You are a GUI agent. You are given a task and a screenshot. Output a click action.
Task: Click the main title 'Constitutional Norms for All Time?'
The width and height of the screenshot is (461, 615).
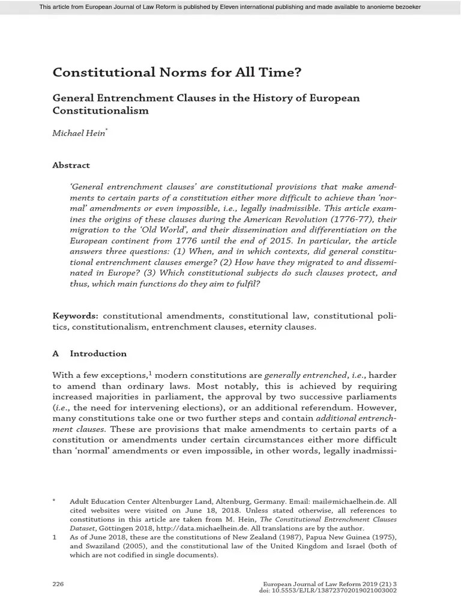tap(177, 73)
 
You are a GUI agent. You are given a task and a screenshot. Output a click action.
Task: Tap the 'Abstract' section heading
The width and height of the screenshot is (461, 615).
tap(71, 165)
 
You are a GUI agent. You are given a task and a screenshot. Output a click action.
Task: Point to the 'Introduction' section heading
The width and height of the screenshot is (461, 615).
tap(98, 354)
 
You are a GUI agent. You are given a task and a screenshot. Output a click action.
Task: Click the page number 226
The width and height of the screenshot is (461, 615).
tap(59, 584)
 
